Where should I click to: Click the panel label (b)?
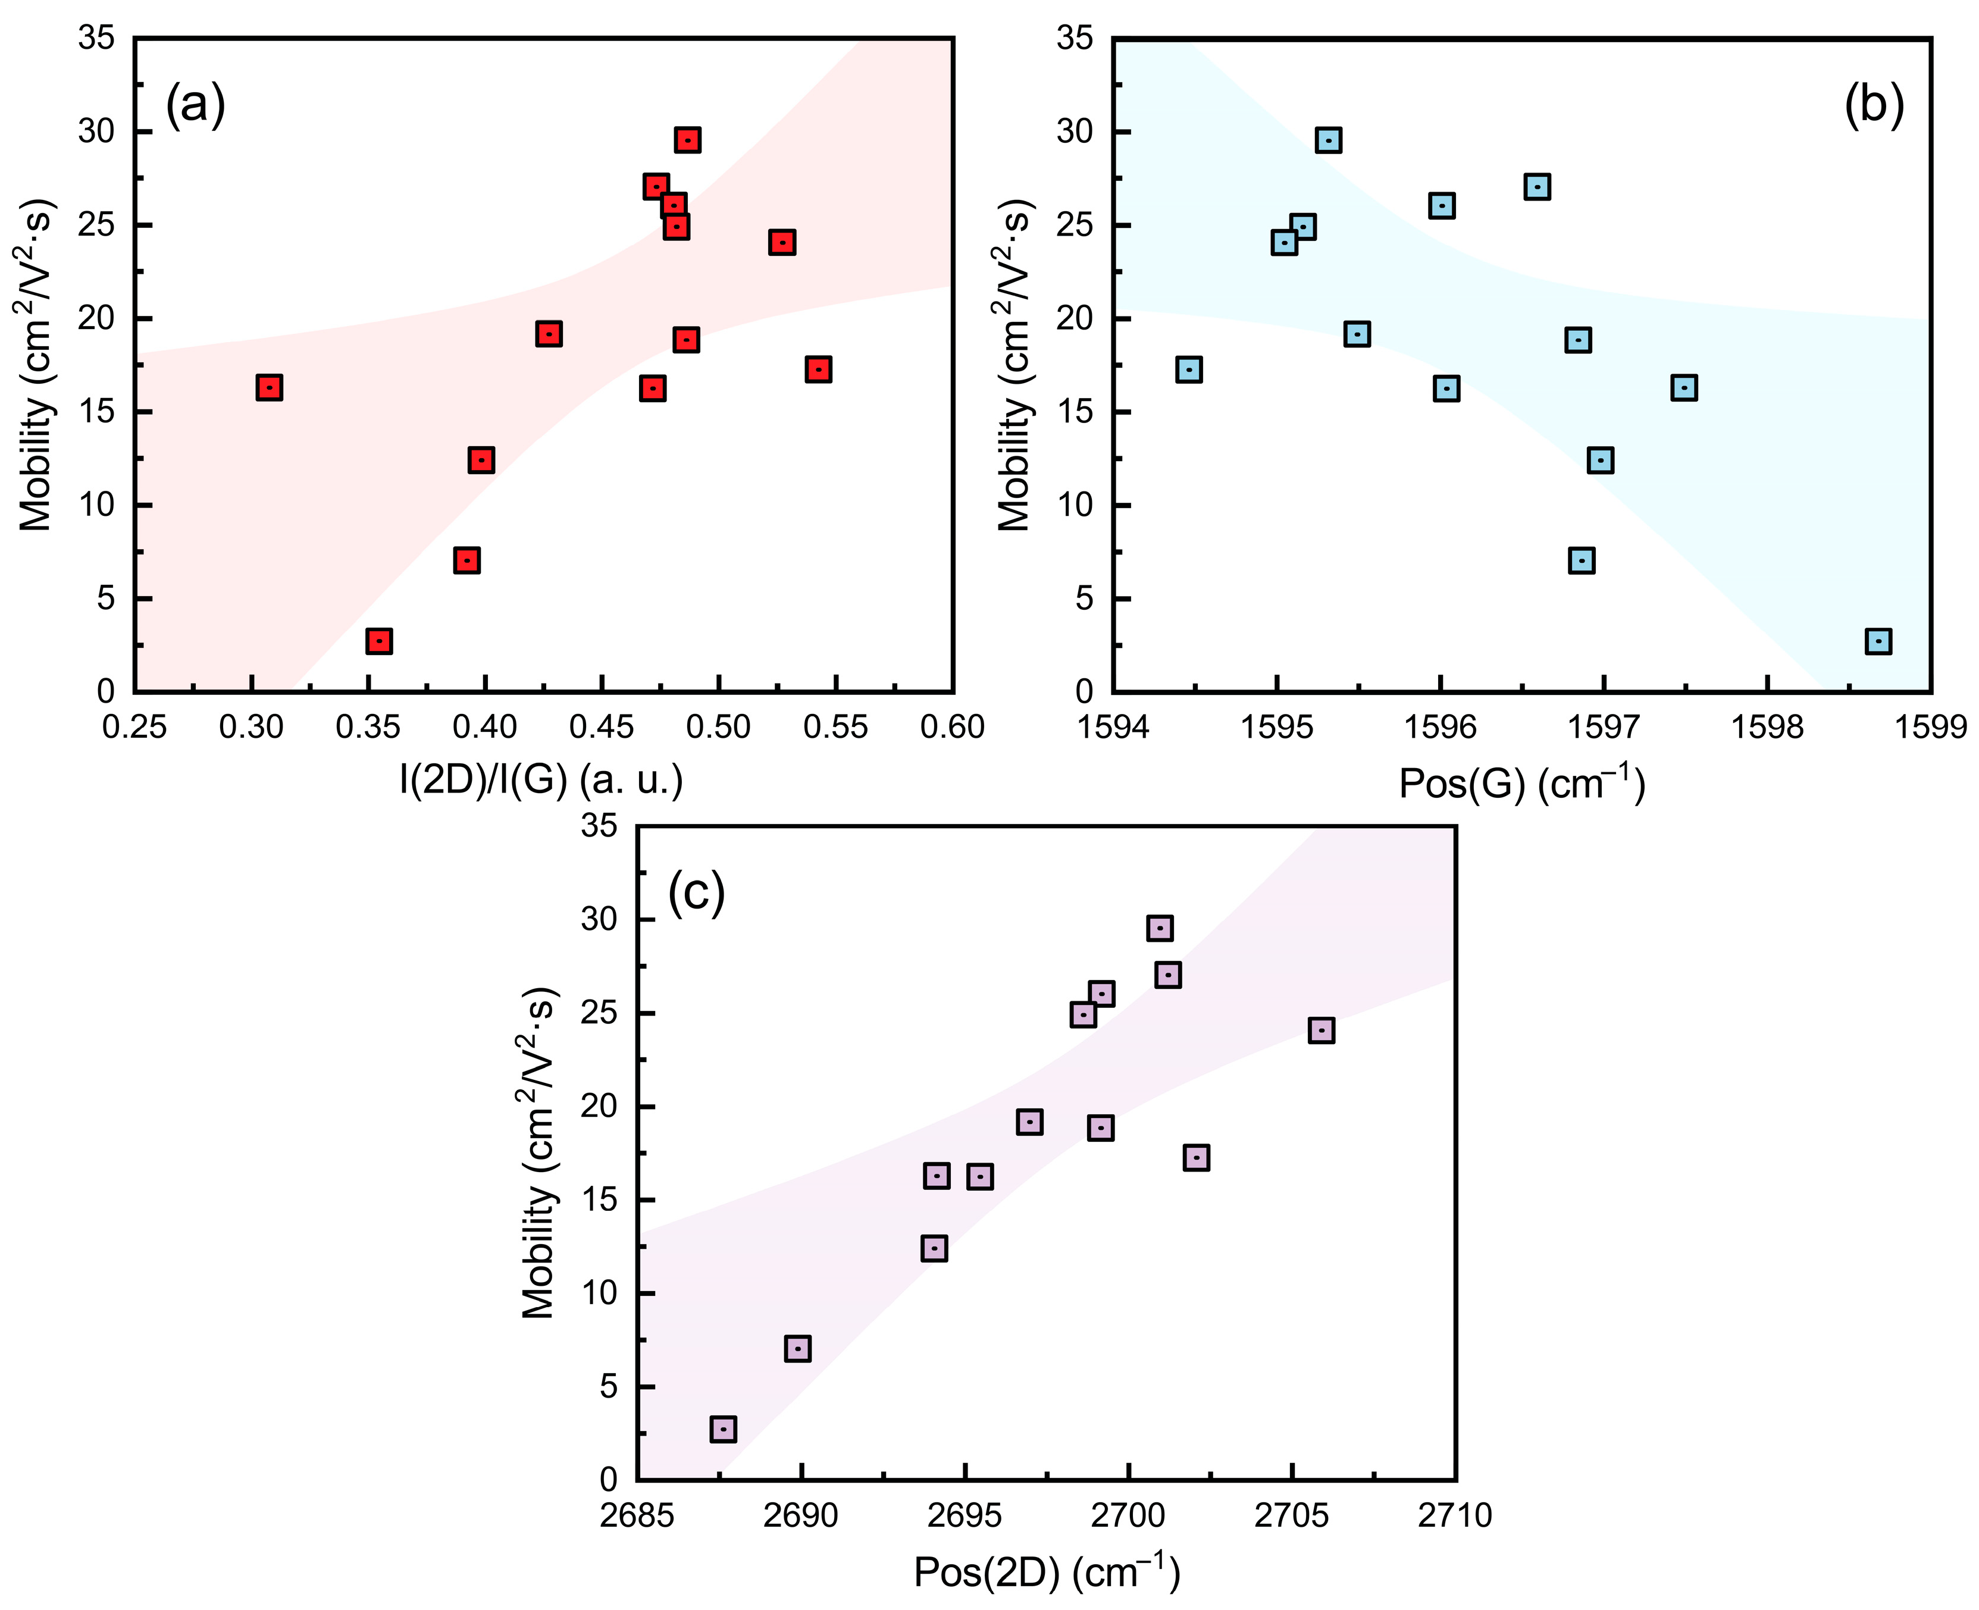point(1873,105)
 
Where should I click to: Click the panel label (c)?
point(696,892)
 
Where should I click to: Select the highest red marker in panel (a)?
point(687,140)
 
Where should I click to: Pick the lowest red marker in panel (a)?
point(378,641)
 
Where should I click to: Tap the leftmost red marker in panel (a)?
point(269,388)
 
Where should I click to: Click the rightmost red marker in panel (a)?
point(818,369)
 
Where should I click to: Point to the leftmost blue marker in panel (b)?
point(1189,369)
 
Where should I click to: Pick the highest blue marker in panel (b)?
point(1329,140)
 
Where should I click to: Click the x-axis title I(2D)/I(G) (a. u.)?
point(541,780)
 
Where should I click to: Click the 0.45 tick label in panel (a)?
point(602,726)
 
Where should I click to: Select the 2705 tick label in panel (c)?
point(1291,1515)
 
